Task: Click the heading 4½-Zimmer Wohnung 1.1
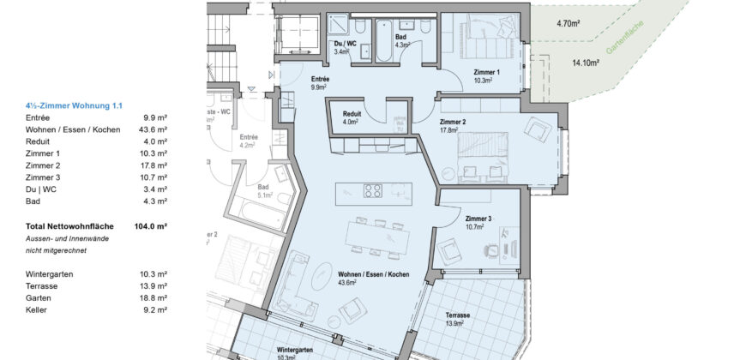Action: [75, 105]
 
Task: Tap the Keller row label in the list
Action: [35, 309]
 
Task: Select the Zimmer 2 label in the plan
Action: [452, 123]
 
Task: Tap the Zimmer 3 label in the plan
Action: [478, 219]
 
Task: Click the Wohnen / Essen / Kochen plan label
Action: [374, 273]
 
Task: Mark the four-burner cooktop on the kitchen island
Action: [373, 191]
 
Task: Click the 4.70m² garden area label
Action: [569, 26]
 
